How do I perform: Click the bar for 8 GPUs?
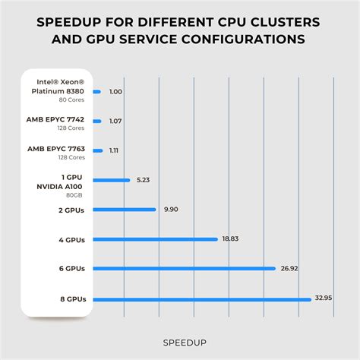201,298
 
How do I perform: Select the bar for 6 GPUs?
184,268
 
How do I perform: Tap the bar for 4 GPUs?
155,238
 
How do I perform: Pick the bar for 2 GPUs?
124,210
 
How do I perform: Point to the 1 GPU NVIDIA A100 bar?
112,180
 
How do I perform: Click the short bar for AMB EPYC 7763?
97,150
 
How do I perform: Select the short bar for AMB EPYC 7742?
97,121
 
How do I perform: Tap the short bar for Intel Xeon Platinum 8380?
96,92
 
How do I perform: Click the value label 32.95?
324,298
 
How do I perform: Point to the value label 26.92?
289,268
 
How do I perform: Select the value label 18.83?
230,238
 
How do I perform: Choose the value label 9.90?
171,210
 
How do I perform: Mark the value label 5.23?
143,180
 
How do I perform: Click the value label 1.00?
115,92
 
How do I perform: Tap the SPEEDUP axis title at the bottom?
180,342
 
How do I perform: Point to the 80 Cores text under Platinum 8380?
72,99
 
